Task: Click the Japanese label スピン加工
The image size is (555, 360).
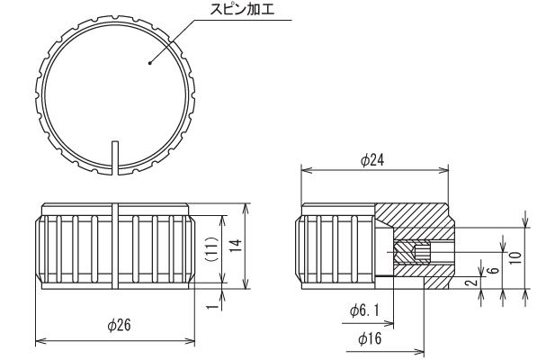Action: point(242,9)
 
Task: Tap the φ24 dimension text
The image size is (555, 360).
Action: point(372,160)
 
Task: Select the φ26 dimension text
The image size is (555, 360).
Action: point(119,325)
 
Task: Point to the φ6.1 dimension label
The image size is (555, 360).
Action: point(364,310)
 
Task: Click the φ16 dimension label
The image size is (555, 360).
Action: point(370,338)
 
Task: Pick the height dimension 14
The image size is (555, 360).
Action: point(236,246)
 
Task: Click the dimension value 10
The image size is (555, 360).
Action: point(516,257)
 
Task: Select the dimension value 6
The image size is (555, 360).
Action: point(495,270)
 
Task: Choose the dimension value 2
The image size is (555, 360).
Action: point(472,282)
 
